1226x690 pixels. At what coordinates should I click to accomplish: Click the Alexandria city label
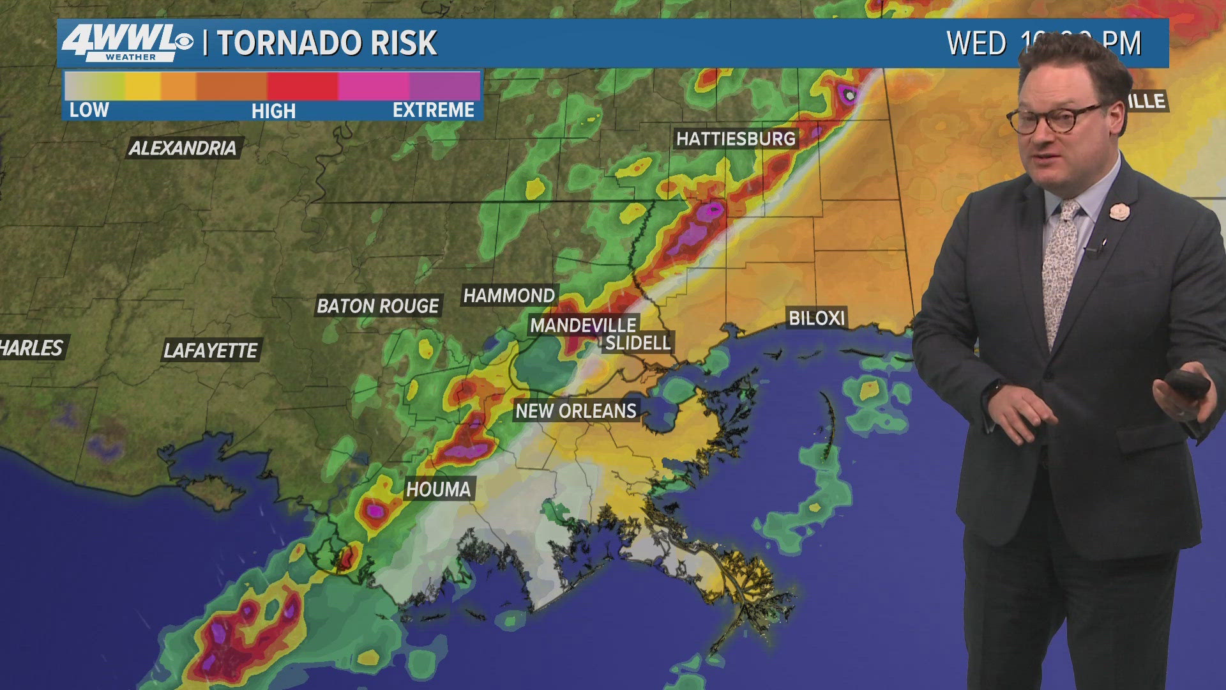click(183, 148)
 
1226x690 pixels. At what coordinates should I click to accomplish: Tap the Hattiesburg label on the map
click(736, 139)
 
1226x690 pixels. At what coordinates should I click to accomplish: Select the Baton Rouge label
click(377, 306)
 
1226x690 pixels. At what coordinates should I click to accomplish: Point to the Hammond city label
click(509, 295)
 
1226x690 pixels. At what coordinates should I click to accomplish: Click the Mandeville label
click(582, 325)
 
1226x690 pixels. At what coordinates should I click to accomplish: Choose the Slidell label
click(637, 343)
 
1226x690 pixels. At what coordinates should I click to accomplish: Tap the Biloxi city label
click(816, 318)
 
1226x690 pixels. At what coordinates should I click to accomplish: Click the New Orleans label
click(576, 411)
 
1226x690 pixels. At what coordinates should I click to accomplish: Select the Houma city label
click(438, 489)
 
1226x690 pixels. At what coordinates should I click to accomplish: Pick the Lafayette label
click(210, 350)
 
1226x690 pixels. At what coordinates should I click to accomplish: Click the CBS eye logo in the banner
click(184, 42)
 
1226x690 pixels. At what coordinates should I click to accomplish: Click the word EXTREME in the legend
click(433, 110)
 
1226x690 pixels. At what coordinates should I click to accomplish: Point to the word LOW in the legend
click(89, 110)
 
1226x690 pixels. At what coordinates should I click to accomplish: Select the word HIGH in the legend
click(273, 111)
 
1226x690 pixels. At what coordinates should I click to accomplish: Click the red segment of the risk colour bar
click(302, 86)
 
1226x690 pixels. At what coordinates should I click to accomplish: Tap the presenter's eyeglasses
click(1054, 118)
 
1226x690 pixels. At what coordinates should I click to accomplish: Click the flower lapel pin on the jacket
click(1117, 211)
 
